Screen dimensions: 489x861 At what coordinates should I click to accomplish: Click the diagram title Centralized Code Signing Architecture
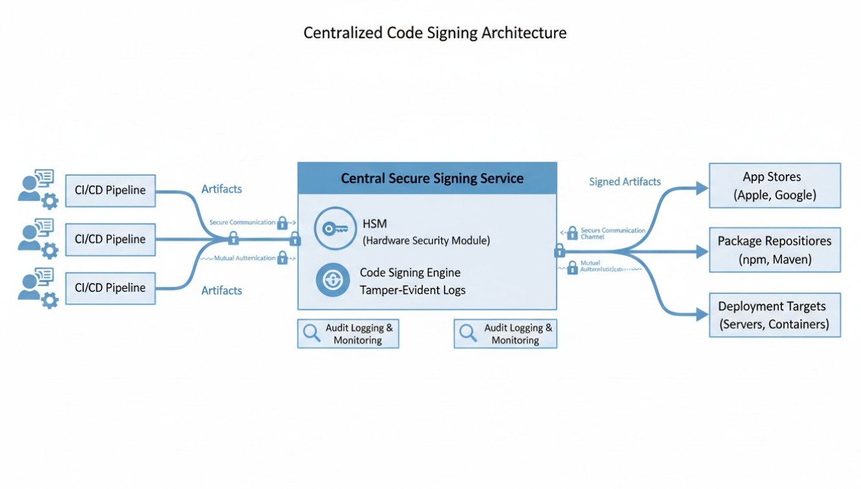[434, 33]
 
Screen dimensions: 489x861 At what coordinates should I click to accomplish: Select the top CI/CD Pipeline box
[111, 191]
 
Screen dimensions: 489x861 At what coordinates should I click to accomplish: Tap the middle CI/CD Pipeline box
[111, 239]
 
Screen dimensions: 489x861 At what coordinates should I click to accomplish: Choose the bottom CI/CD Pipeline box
[111, 288]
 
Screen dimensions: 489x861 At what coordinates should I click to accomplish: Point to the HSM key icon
[335, 229]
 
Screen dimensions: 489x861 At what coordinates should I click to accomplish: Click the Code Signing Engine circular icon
[333, 281]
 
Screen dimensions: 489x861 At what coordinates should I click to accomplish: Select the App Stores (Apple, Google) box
[774, 185]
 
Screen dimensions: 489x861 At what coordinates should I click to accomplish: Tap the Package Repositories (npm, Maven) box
[774, 250]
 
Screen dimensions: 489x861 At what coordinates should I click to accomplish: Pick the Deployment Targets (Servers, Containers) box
[774, 315]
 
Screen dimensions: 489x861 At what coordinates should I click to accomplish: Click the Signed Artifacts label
[624, 182]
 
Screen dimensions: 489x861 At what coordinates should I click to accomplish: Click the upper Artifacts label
[222, 189]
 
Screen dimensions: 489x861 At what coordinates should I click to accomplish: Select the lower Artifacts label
[222, 291]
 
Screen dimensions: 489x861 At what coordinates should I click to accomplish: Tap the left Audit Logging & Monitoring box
[348, 334]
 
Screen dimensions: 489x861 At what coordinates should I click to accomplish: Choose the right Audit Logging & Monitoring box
[505, 334]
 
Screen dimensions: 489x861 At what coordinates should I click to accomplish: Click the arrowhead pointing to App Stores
[702, 189]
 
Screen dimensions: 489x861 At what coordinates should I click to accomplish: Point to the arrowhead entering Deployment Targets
[702, 315]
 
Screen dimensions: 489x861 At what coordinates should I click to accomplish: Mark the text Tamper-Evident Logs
[412, 290]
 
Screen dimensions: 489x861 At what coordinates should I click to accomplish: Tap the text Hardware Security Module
[426, 241]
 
